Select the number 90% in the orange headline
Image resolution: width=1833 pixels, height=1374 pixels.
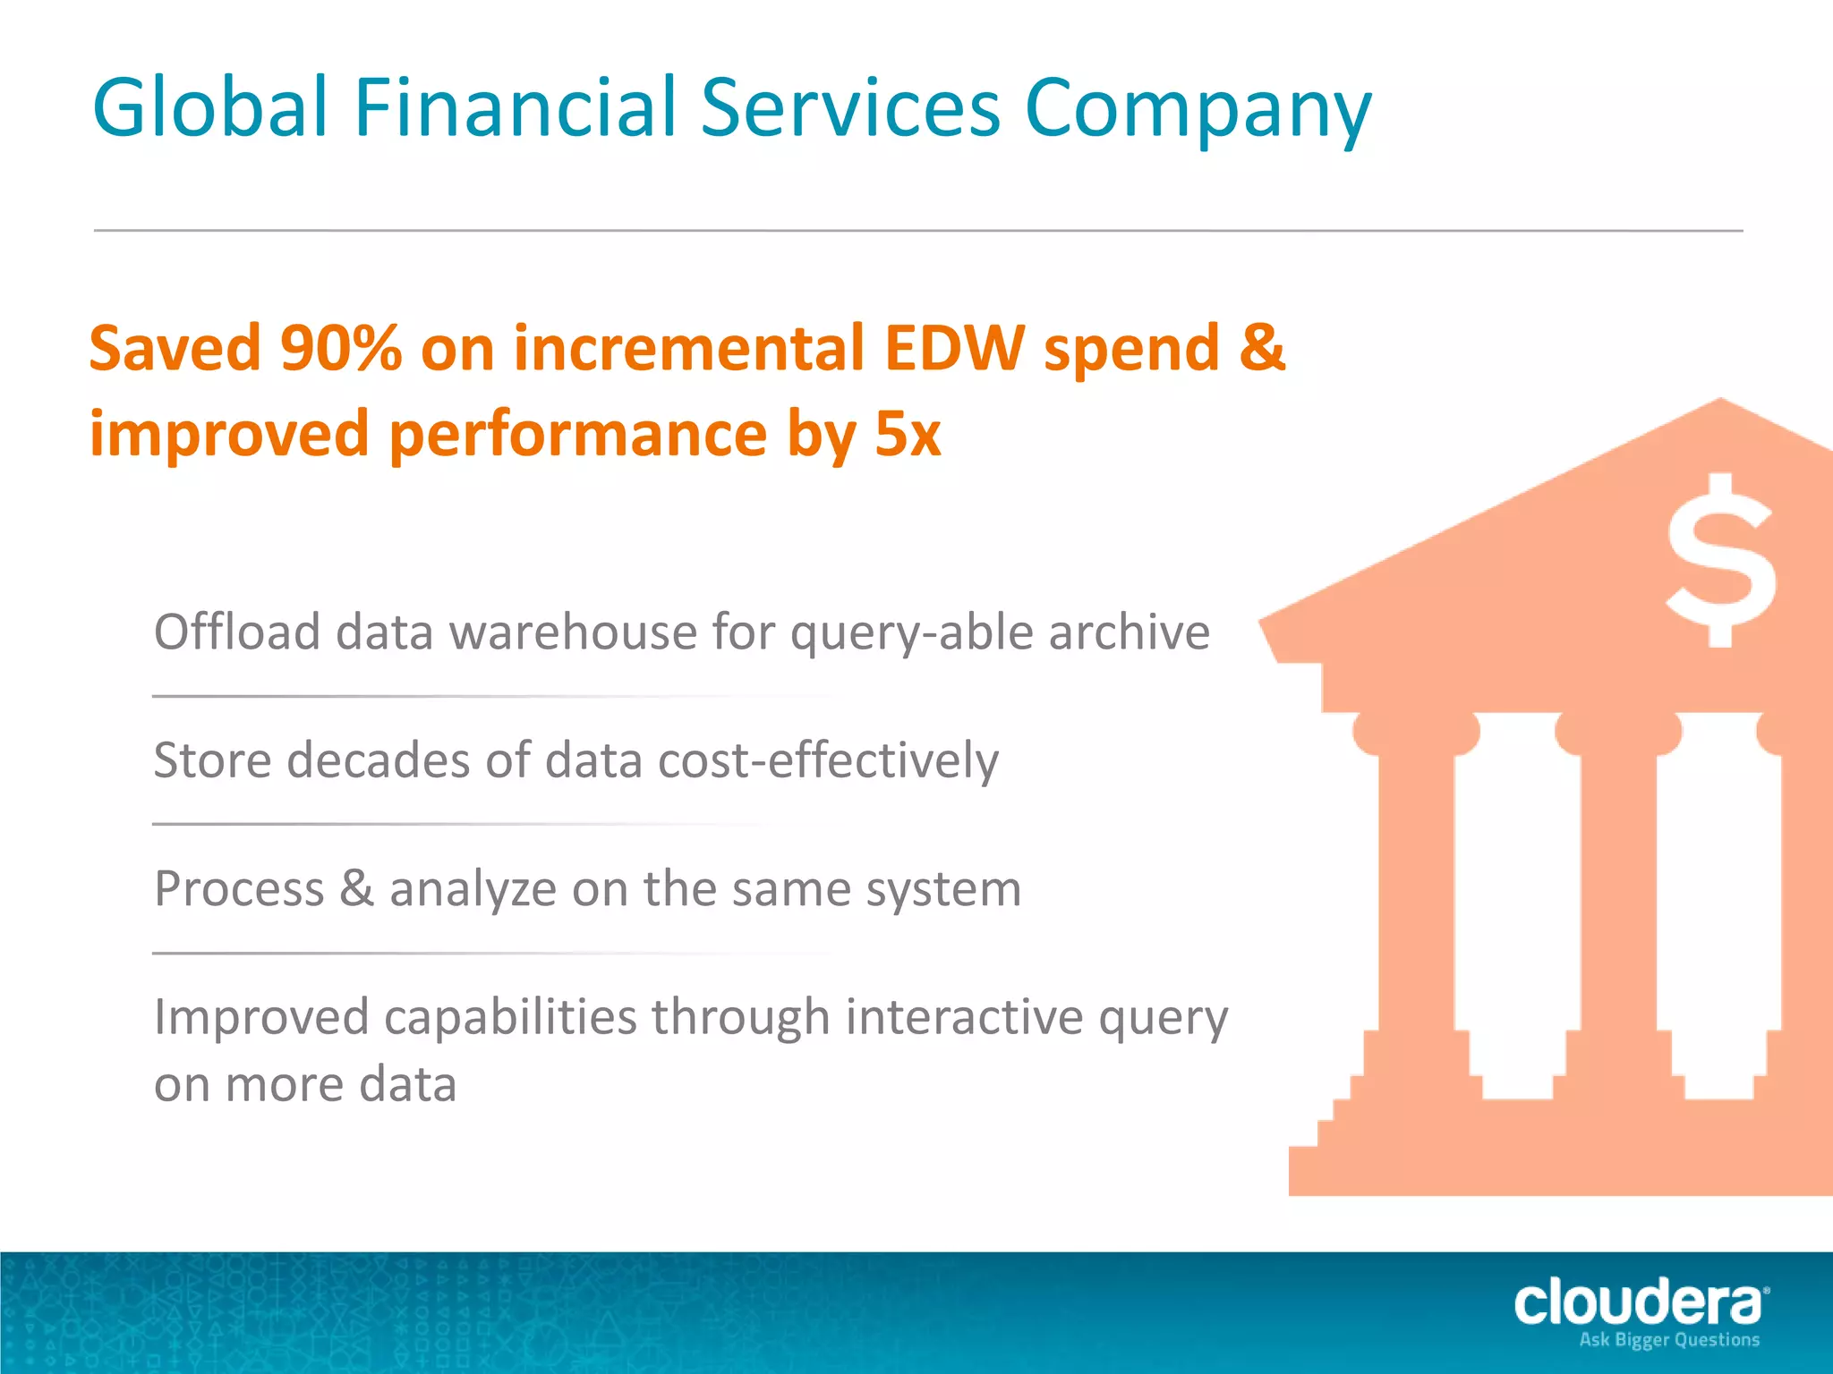(340, 348)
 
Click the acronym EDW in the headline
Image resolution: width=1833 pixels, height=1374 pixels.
(953, 348)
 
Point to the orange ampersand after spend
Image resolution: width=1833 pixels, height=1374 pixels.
(1262, 348)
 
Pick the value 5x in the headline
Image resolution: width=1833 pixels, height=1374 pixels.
(908, 434)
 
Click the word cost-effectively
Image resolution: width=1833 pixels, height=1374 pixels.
(828, 760)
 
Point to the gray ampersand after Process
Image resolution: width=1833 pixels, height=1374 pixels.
(357, 888)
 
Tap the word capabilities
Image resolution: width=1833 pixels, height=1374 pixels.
(509, 1019)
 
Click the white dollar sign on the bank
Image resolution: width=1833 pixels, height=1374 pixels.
(1720, 561)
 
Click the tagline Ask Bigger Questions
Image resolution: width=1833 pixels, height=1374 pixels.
(1669, 1340)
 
